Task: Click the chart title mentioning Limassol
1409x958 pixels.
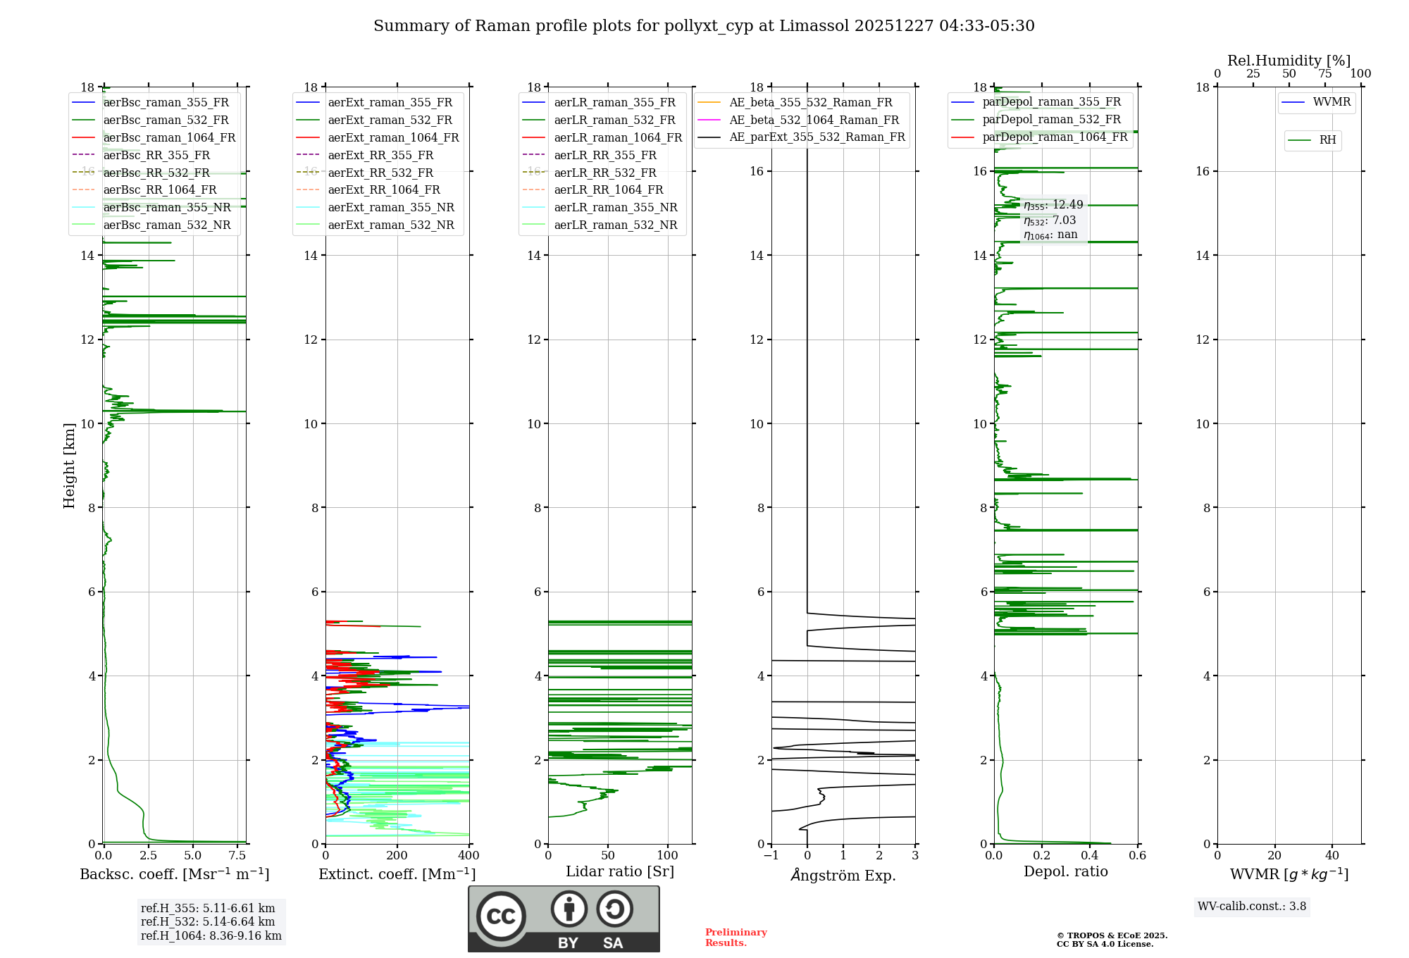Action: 704,26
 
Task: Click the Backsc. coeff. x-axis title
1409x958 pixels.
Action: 174,874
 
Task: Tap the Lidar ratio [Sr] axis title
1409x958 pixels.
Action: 620,871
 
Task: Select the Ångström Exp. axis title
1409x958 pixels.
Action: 843,876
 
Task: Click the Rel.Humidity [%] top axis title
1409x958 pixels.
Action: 1289,61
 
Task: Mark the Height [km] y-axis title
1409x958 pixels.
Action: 69,466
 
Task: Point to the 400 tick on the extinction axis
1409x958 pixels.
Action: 468,856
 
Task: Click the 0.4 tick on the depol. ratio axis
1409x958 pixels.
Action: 1090,856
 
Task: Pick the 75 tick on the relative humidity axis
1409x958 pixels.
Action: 1324,74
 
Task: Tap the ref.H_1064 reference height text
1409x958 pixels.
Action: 211,936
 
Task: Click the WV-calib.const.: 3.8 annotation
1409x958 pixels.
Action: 1252,907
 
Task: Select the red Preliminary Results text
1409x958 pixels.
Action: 735,938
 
